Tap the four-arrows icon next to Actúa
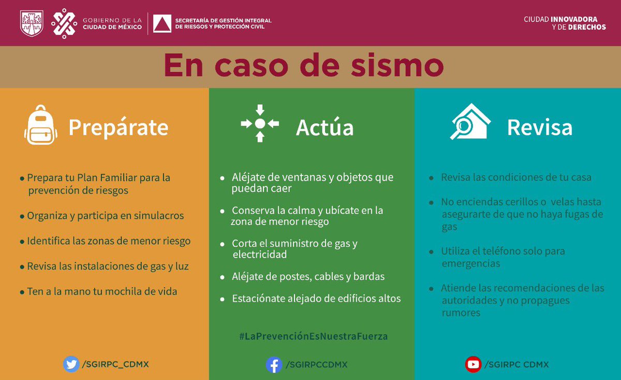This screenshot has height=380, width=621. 260,123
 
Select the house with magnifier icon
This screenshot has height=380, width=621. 470,122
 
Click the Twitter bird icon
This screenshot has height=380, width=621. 71,364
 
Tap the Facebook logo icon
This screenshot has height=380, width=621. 274,364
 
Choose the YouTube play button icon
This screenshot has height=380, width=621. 473,364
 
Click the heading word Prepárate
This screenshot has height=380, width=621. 119,128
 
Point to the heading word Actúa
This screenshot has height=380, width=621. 325,128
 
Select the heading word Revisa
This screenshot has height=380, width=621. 540,128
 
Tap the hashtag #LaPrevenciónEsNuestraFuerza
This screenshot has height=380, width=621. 313,336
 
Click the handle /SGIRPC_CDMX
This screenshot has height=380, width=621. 115,364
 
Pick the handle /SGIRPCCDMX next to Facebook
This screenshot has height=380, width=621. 317,365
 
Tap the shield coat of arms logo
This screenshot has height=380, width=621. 32,23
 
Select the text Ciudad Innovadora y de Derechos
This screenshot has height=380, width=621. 565,23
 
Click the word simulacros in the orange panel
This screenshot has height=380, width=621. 159,216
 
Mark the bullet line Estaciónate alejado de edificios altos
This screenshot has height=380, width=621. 316,299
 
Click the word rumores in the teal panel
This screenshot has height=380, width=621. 461,313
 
